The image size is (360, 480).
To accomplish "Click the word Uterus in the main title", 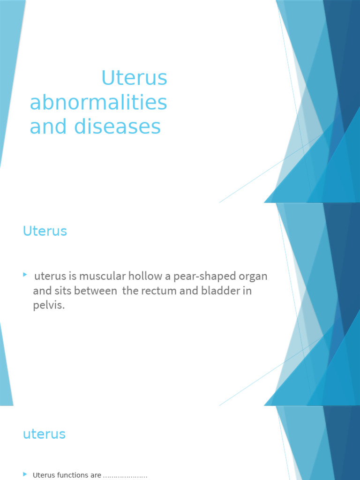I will [134, 78].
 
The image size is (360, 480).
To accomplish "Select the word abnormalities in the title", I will [98, 103].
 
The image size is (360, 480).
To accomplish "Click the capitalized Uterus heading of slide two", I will [45, 231].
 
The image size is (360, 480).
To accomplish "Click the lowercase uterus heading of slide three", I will [44, 434].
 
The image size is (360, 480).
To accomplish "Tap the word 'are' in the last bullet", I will [96, 475].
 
